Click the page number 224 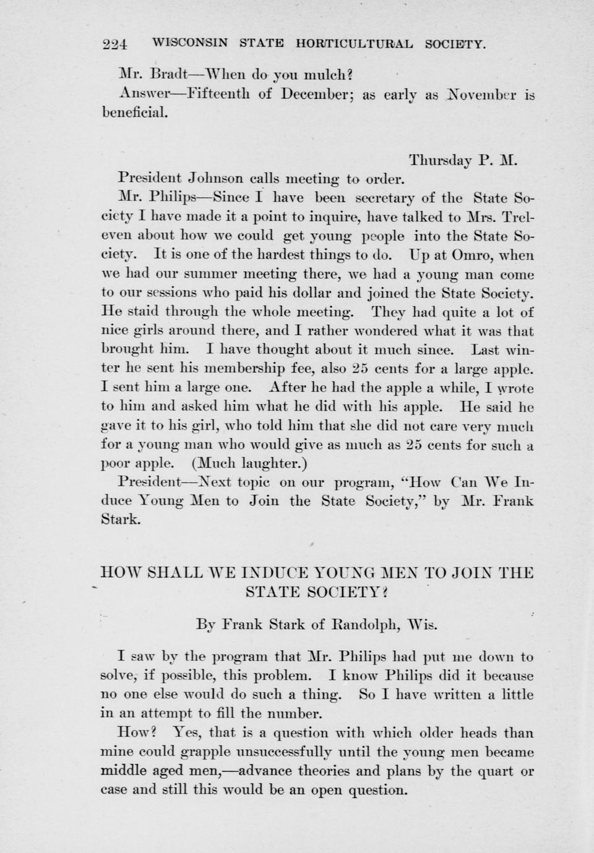point(114,45)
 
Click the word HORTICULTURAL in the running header point(355,44)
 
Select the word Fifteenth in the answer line point(220,95)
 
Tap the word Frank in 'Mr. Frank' point(513,501)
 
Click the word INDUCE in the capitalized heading point(277,573)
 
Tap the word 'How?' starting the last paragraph point(137,733)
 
